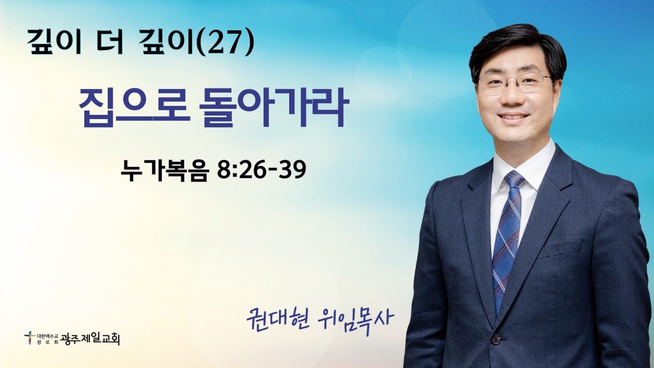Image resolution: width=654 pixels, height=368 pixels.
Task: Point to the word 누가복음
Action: pos(165,170)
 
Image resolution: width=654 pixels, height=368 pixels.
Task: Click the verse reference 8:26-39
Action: pos(262,170)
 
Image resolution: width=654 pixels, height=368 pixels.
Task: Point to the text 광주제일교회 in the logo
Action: pos(90,339)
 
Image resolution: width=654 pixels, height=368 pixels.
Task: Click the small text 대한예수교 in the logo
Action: pos(45,335)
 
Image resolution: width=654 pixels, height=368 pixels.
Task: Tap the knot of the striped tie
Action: pos(513,179)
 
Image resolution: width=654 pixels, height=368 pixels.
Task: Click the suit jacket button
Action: pos(496,339)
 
